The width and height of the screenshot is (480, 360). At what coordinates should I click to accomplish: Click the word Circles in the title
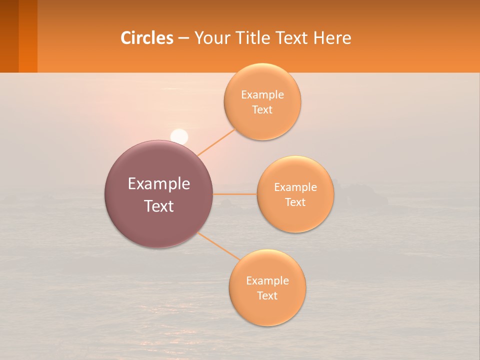pyautogui.click(x=146, y=38)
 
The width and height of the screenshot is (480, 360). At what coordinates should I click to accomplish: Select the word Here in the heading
pyautogui.click(x=332, y=38)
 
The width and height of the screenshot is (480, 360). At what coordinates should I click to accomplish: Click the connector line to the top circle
pyautogui.click(x=216, y=142)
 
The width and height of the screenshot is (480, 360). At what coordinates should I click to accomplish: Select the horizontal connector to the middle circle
pyautogui.click(x=235, y=194)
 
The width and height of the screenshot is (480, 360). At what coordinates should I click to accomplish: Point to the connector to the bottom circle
pyautogui.click(x=218, y=246)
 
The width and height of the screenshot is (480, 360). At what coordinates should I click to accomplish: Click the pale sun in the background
pyautogui.click(x=179, y=136)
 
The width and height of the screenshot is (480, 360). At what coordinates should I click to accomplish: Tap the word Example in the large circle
pyautogui.click(x=159, y=184)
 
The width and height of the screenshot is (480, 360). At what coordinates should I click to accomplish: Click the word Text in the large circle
pyautogui.click(x=159, y=206)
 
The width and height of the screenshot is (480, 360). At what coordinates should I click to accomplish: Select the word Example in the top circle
pyautogui.click(x=262, y=95)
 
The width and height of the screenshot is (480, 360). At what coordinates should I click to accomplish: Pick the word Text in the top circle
pyautogui.click(x=262, y=110)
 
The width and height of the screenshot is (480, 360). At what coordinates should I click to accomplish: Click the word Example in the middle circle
pyautogui.click(x=295, y=187)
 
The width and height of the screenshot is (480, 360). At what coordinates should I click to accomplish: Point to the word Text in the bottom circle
pyautogui.click(x=267, y=296)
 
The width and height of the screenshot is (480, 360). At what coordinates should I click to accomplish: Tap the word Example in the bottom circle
pyautogui.click(x=267, y=281)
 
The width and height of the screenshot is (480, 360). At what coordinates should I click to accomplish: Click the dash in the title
pyautogui.click(x=183, y=38)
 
